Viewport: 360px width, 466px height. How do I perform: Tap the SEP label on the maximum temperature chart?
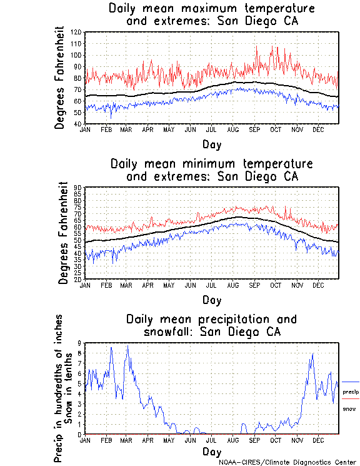(x=254, y=129)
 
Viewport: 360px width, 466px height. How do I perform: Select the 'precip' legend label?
(x=351, y=392)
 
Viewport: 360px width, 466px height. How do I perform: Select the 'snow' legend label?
(x=349, y=408)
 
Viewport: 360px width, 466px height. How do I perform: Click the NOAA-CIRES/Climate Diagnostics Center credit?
(x=287, y=462)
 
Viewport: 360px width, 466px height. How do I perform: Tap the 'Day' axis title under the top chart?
(x=211, y=144)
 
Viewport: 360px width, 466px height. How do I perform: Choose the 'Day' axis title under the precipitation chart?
(x=211, y=451)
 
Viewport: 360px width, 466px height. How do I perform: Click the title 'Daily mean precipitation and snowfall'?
(x=211, y=325)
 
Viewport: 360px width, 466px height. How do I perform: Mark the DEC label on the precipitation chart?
(x=318, y=440)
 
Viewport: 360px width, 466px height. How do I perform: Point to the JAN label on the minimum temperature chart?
(x=86, y=285)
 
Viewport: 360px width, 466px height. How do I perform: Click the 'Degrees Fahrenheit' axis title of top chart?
(x=60, y=78)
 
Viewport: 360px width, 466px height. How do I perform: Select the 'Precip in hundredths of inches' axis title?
(x=58, y=388)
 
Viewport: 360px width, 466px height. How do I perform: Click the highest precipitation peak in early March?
(x=127, y=345)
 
